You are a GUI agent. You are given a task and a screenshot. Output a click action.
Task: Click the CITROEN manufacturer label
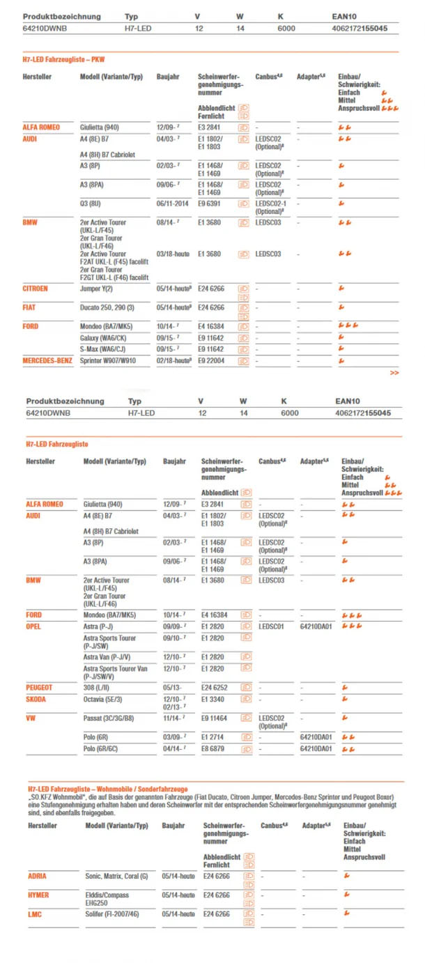[36, 288]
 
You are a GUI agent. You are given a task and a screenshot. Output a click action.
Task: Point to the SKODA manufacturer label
[37, 698]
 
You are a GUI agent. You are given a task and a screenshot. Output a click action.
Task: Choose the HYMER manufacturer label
[38, 895]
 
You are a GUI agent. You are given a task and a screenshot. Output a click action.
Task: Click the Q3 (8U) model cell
[95, 203]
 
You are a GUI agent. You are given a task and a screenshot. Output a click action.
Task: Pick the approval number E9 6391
[210, 203]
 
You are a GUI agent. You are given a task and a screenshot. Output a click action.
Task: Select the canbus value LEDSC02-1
[272, 203]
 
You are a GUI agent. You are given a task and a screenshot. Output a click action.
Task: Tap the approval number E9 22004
[212, 360]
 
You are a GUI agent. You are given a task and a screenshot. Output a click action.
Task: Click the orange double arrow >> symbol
[394, 373]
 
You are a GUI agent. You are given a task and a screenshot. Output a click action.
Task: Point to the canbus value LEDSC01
[272, 626]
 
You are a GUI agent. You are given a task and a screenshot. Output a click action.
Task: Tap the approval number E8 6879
[214, 748]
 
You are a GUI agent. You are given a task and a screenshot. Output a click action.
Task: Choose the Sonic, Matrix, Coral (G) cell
[116, 876]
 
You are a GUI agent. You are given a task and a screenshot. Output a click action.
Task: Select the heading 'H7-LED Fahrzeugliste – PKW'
[64, 60]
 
